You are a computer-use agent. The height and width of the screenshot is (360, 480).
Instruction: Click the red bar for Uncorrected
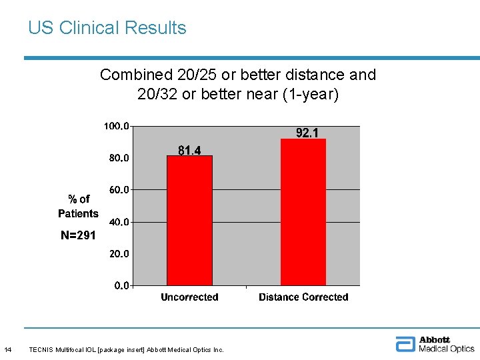tap(189, 220)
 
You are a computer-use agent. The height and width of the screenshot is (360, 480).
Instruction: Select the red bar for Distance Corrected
tap(303, 212)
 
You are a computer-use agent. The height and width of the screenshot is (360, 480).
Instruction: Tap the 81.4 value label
tap(189, 151)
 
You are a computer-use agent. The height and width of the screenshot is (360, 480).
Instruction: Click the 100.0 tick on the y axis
tap(117, 126)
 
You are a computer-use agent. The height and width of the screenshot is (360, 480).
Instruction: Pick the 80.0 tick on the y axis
tap(119, 158)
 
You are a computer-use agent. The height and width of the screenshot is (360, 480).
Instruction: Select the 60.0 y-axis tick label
tap(119, 190)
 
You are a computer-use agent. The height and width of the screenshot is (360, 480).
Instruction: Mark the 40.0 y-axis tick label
tap(119, 222)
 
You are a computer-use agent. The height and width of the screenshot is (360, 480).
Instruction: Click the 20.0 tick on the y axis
tap(119, 254)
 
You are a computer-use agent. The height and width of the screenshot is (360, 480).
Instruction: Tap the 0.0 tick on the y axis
tap(121, 285)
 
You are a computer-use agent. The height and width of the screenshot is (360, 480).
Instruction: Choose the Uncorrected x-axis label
tap(189, 297)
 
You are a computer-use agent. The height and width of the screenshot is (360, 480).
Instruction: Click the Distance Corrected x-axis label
tap(303, 297)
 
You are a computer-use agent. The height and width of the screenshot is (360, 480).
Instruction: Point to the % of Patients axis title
tap(78, 206)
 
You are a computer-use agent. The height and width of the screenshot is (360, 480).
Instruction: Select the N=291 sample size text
tap(78, 235)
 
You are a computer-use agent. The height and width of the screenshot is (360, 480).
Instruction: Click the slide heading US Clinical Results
tap(107, 28)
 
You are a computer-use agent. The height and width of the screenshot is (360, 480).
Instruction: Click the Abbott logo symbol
tap(405, 344)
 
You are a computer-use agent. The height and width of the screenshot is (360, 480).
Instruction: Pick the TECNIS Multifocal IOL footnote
tap(127, 349)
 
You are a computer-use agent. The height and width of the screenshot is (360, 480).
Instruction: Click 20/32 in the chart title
tap(157, 95)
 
